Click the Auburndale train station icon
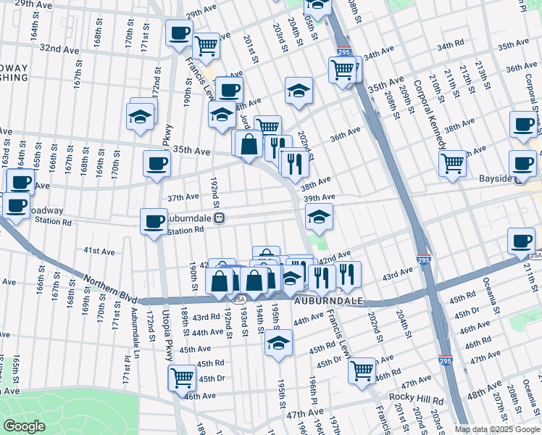218,217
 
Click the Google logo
25,426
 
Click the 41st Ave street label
99,251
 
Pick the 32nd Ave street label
59,49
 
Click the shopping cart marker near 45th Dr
181,377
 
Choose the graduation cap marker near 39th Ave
319,215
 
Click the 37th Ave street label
183,197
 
